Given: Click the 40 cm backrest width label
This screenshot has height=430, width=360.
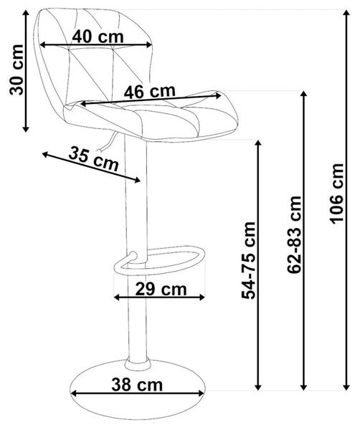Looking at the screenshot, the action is (98, 37).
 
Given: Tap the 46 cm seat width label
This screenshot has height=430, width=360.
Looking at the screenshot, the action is (150, 92).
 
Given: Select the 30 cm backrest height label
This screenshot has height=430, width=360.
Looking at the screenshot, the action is (16, 70).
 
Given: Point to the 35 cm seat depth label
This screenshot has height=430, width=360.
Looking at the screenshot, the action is (93, 158).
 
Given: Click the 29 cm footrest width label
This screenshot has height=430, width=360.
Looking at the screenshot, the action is (161, 289).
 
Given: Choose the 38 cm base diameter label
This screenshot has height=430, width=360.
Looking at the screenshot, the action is (137, 384).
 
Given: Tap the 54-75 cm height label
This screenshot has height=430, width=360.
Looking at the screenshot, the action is (248, 260).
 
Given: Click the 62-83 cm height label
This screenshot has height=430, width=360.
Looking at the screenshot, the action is (294, 235).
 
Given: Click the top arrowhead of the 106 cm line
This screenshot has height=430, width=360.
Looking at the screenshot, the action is (347, 13).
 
